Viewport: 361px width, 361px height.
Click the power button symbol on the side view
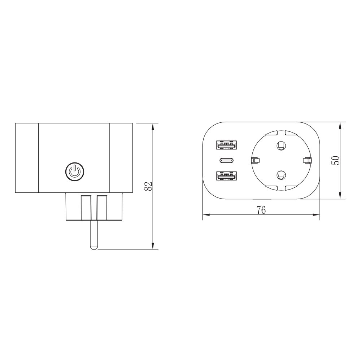74,171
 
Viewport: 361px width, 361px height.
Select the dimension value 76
261,210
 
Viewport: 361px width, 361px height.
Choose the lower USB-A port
227,176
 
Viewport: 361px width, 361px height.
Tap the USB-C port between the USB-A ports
227,161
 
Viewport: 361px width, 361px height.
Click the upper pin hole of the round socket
280,145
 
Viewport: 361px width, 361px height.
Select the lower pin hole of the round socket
280,175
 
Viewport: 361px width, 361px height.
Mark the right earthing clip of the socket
306,160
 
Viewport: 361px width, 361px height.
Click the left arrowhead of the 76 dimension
205,215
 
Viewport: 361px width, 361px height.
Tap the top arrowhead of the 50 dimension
341,125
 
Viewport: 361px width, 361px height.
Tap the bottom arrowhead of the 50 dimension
341,196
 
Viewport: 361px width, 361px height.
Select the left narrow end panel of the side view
27,158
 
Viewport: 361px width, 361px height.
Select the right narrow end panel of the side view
121,158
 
